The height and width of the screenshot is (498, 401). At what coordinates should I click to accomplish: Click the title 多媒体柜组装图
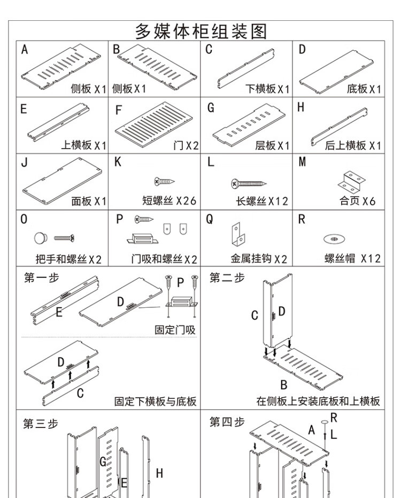coord(200,30)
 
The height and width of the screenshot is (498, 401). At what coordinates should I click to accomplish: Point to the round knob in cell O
coord(42,237)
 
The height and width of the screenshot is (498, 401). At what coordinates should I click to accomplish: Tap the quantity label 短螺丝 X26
coord(169,201)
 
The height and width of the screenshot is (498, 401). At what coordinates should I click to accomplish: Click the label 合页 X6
coord(357,201)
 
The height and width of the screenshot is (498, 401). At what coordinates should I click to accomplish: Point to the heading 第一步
coord(42,277)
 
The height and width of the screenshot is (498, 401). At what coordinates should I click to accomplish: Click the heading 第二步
coord(227,277)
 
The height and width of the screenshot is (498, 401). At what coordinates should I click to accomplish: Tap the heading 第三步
coord(40,424)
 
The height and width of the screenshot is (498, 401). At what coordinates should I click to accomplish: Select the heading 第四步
coord(227,423)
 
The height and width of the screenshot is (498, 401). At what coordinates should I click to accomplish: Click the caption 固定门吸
coord(175,330)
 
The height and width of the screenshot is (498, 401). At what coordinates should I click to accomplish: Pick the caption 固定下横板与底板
coord(156,401)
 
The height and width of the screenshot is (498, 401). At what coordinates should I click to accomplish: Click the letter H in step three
coord(159,472)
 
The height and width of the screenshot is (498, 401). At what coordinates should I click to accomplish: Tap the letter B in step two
coord(284,385)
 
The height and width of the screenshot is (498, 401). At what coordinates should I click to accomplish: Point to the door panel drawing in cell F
coord(155,121)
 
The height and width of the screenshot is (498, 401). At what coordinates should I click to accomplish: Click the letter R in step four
coord(334,418)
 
